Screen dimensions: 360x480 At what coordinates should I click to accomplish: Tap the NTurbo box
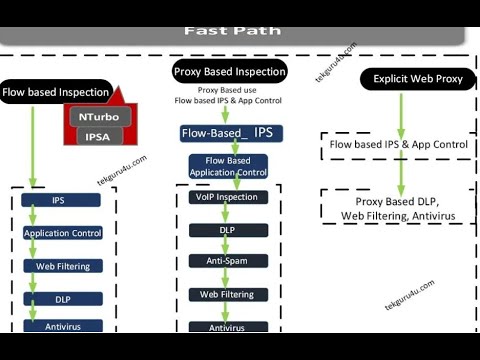tap(98, 117)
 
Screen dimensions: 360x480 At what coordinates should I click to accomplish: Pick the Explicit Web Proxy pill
tap(418, 78)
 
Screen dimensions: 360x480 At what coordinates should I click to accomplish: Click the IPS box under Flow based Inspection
tap(59, 201)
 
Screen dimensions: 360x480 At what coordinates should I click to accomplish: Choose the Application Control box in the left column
tap(62, 233)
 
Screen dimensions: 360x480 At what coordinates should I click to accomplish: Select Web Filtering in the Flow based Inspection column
tap(62, 266)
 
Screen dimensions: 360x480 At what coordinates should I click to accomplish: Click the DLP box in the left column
tap(62, 298)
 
